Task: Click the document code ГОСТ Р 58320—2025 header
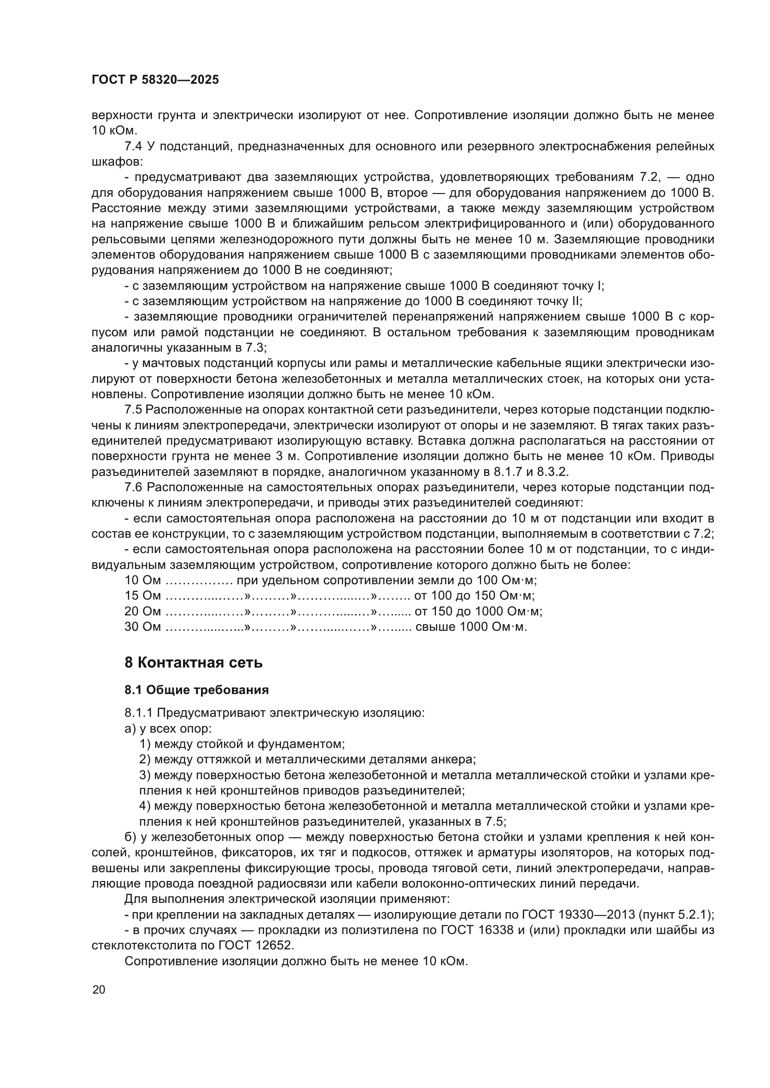click(x=155, y=80)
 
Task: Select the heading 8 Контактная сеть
click(x=194, y=662)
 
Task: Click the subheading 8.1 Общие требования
click(x=196, y=690)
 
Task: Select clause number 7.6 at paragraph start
click(x=133, y=487)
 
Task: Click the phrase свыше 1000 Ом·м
click(x=471, y=627)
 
